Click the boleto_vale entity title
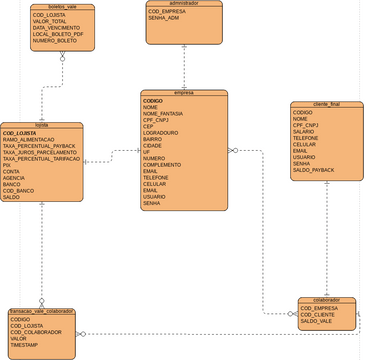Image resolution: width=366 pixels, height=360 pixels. [x=62, y=6]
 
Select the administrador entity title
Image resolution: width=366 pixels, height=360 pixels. [x=184, y=3]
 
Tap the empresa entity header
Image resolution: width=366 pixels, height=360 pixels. [x=184, y=93]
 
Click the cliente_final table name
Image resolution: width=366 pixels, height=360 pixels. [x=326, y=103]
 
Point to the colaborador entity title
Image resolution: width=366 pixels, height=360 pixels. [x=326, y=299]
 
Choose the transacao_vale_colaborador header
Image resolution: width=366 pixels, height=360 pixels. [x=42, y=311]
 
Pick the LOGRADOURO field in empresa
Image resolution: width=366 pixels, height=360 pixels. [x=161, y=132]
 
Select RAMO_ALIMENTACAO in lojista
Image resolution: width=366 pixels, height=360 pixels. [x=36, y=139]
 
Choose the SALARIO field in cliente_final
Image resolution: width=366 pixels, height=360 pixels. [x=304, y=130]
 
